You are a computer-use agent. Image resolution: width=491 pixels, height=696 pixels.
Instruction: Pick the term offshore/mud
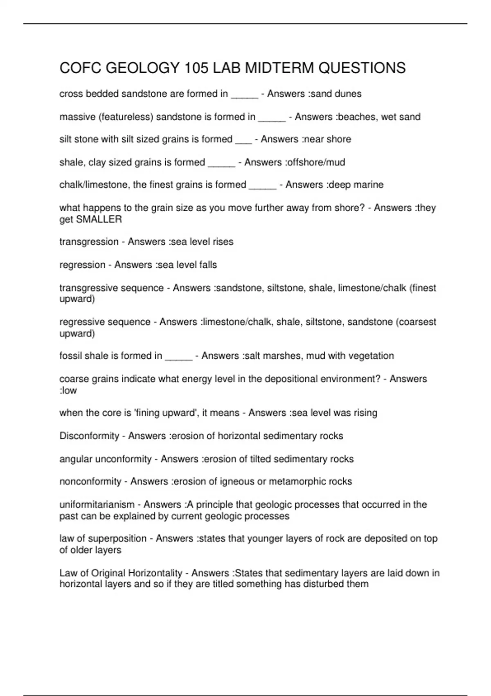click(316, 162)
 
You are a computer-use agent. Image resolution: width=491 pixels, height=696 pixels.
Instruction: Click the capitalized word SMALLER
click(99, 219)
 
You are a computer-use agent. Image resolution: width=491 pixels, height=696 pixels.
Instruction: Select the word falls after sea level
click(207, 265)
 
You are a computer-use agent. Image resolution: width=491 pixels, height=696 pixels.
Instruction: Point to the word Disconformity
click(89, 436)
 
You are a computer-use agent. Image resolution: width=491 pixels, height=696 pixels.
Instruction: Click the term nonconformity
click(90, 481)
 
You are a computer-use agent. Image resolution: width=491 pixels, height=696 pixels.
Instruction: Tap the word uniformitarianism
click(97, 504)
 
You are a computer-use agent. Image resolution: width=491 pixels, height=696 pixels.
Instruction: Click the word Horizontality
click(155, 573)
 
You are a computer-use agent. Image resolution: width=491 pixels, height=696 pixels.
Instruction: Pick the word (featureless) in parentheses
click(126, 117)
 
